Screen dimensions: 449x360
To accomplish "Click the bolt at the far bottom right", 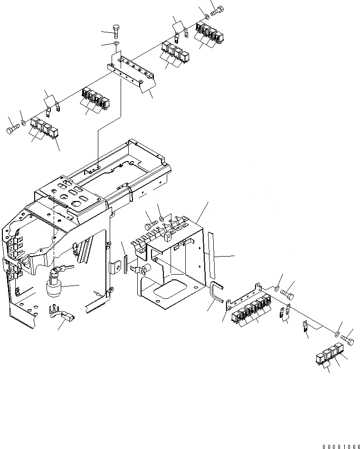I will [348, 340].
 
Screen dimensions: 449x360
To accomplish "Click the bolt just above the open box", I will [152, 221].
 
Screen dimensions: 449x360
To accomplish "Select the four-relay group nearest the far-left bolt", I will [44, 129].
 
